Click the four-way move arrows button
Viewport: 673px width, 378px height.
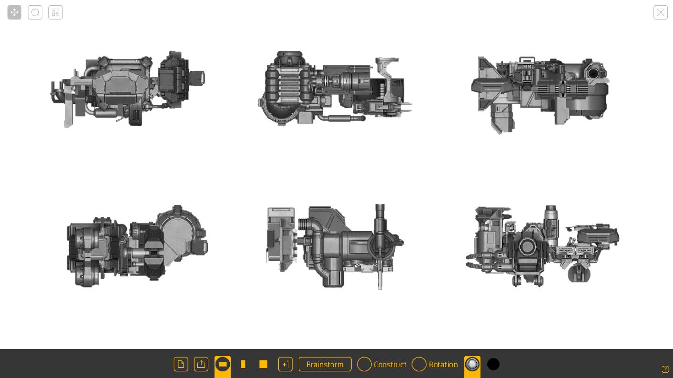[x=14, y=12]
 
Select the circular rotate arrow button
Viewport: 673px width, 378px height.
[x=35, y=12]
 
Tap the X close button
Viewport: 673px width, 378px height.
[x=661, y=12]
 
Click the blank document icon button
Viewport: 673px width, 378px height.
[x=181, y=365]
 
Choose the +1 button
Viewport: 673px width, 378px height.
[x=286, y=365]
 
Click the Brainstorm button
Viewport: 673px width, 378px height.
[x=325, y=365]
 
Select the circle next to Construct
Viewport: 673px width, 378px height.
[x=364, y=365]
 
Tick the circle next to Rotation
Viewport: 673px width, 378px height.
[x=419, y=365]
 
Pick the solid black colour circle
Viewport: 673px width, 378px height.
[x=493, y=365]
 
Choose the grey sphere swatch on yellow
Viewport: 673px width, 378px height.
[x=472, y=365]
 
